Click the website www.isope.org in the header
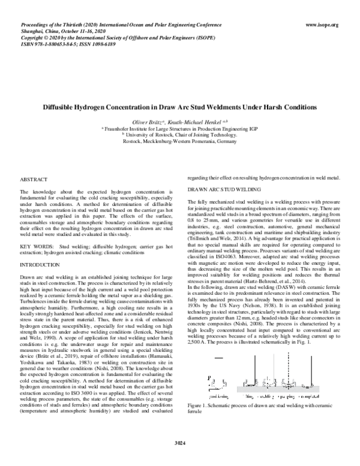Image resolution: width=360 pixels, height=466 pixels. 322,25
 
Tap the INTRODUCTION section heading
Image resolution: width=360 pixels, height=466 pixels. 38,264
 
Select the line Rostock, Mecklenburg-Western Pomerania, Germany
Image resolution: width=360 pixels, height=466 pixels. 180,142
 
